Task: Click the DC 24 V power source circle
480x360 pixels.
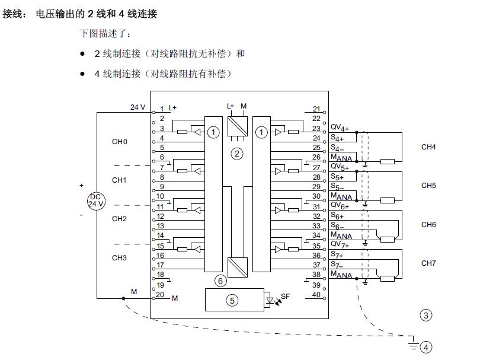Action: click(96, 200)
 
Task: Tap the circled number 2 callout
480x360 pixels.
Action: click(237, 154)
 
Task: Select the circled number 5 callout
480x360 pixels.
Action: click(232, 301)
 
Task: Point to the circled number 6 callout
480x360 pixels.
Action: click(220, 280)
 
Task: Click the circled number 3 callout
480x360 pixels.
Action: click(425, 316)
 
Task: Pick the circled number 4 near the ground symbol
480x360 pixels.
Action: click(425, 347)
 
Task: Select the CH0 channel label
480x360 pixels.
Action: click(119, 142)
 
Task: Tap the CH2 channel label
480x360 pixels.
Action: click(119, 219)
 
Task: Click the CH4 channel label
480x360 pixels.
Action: click(428, 146)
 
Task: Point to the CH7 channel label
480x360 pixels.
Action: click(428, 263)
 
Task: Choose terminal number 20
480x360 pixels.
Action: click(159, 294)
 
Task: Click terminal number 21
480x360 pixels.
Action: click(316, 109)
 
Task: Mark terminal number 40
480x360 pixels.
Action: click(316, 294)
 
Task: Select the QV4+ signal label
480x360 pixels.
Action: click(340, 128)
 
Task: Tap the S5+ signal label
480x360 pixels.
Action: click(337, 177)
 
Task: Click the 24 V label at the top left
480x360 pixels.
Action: click(137, 107)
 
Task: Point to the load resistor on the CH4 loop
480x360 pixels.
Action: click(388, 161)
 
